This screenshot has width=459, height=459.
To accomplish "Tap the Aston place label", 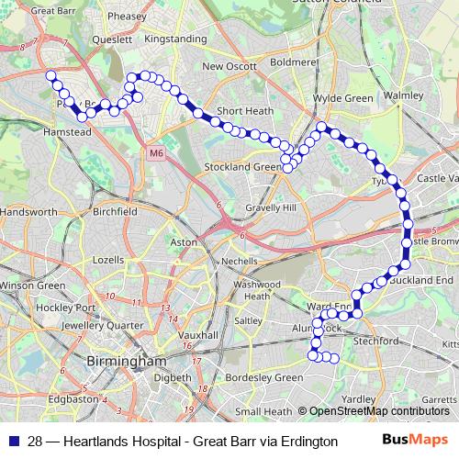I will [185, 242].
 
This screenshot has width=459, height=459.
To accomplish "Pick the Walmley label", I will [404, 95].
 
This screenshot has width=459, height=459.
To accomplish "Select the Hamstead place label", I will [67, 132].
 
